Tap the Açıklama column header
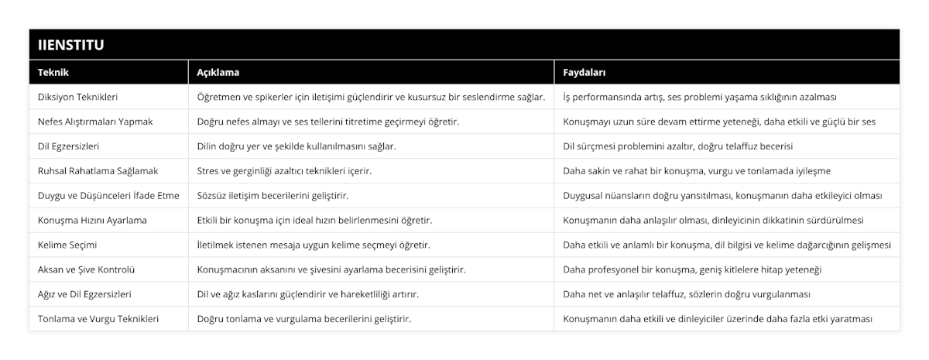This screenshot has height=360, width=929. pyautogui.click(x=218, y=72)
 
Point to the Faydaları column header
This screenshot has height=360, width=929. pyautogui.click(x=584, y=72)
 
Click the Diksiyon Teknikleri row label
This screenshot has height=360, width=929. pyautogui.click(x=77, y=97)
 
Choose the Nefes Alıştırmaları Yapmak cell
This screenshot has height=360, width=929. pyautogui.click(x=95, y=122)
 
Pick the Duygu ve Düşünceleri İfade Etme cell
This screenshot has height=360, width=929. pyautogui.click(x=108, y=196)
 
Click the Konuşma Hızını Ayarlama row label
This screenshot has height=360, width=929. pyautogui.click(x=92, y=221)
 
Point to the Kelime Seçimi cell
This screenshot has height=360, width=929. pyautogui.click(x=67, y=245)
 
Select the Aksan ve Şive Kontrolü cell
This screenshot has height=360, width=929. pyautogui.click(x=86, y=270)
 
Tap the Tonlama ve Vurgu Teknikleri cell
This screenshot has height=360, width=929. pyautogui.click(x=98, y=319)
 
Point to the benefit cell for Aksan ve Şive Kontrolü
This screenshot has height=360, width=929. pyautogui.click(x=691, y=270)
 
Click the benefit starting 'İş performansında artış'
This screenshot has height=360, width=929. pyautogui.click(x=699, y=97)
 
